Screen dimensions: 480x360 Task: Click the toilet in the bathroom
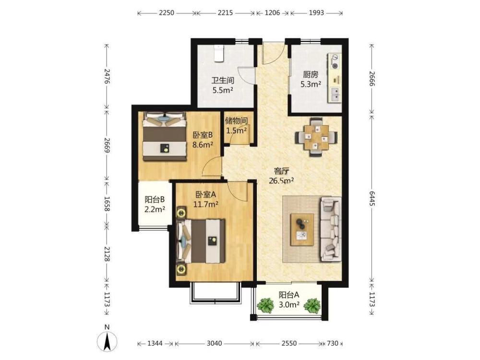point(218,53)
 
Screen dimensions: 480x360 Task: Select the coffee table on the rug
point(302,229)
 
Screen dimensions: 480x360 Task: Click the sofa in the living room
point(331,229)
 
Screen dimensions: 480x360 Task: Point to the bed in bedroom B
point(165,136)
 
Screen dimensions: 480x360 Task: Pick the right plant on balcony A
point(312,305)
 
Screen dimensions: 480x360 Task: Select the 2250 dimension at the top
point(167,13)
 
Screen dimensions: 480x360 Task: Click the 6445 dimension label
point(372,198)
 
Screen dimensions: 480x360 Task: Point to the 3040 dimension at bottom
point(214,343)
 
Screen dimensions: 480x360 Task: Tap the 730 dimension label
point(333,343)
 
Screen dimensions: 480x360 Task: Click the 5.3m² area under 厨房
point(311,84)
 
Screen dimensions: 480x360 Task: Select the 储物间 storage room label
point(236,120)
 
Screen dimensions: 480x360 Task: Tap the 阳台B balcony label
point(155,200)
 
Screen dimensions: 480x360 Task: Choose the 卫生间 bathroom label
point(223,81)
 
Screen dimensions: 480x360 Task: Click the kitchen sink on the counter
point(336,95)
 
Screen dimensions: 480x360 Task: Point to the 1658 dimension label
point(107,204)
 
